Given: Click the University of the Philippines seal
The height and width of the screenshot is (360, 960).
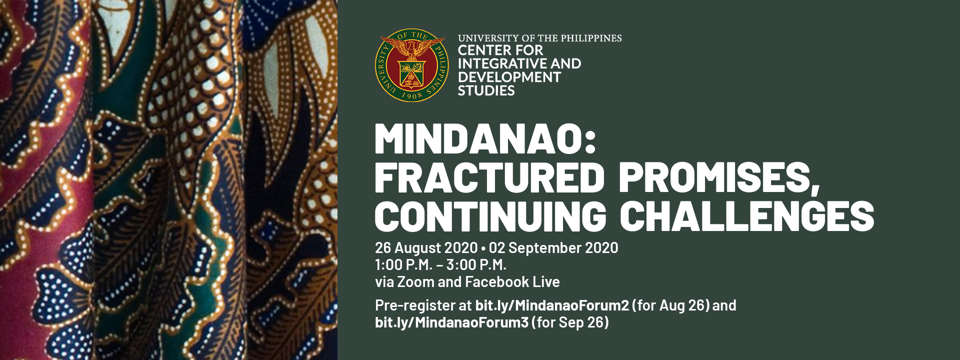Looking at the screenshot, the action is tap(411, 65).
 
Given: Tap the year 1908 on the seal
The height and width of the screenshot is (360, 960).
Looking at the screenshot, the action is tap(412, 95).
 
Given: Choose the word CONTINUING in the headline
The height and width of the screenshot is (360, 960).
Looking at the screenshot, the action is tap(491, 216).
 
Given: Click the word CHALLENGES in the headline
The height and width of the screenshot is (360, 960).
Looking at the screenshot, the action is tap(747, 216).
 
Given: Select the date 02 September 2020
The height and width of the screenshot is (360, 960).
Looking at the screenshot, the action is tap(553, 248).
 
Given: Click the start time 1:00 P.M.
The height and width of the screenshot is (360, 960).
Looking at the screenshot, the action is tap(403, 265).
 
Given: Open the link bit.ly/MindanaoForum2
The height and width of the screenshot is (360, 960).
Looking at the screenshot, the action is tap(552, 305).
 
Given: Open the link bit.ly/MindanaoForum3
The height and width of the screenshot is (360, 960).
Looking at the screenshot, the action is tap(451, 322).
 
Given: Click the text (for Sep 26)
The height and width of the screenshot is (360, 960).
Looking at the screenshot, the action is tap(570, 323).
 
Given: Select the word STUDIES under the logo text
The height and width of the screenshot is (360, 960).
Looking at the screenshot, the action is tap(486, 90).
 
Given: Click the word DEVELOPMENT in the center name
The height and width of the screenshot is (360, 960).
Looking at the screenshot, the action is tap(509, 77).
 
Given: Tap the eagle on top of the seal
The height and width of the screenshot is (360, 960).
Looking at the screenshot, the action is tap(412, 49).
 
